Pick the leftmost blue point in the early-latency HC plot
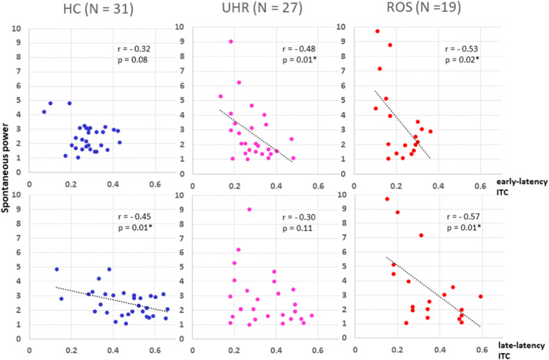(x=44, y=111)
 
